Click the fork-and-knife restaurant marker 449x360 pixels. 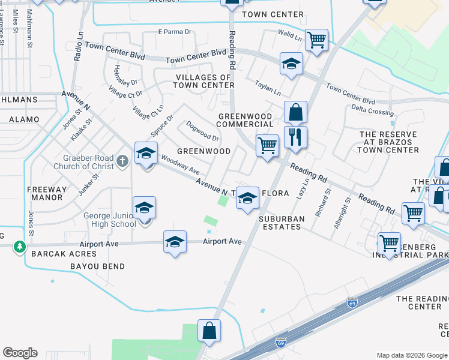coord(295,137)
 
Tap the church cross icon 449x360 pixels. coord(122,161)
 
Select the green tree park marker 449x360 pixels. coord(20,247)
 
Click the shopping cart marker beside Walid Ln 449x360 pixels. coord(316,40)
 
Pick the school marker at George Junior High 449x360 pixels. coord(144,208)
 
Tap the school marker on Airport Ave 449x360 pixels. coord(175,242)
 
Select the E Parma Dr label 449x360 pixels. coord(174,32)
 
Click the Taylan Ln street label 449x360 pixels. coord(268,89)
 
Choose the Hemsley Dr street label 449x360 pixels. coord(126,75)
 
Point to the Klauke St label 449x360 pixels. coord(81,129)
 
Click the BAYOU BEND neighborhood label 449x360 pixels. coord(97,266)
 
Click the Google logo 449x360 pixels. coord(20,353)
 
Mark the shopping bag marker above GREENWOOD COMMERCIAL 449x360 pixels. coord(295,112)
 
